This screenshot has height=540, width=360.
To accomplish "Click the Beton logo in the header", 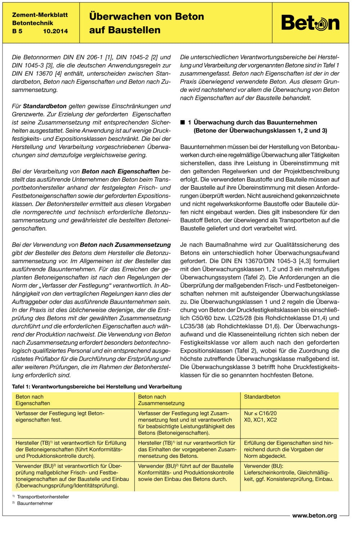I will coord(310,23).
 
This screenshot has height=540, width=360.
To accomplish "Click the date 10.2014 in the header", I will coord(55,31).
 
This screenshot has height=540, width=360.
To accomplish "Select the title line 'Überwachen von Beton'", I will coord(147,17).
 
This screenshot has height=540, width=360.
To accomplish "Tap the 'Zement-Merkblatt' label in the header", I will coord(40,15).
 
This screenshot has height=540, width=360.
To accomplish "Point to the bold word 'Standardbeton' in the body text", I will coord(45,106).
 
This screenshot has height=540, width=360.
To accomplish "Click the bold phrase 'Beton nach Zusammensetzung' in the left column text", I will coord(125,245).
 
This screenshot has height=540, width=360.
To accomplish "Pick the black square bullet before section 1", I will coord(183,122).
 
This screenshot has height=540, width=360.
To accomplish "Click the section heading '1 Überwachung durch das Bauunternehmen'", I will coord(252,122).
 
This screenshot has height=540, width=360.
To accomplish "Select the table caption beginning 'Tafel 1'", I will coord(97,387).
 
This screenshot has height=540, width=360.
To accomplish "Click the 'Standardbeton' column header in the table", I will coord(262,397).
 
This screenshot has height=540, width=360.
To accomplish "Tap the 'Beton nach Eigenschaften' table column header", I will coord(33,400).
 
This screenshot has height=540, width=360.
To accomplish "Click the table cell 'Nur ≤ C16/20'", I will coord(260,413).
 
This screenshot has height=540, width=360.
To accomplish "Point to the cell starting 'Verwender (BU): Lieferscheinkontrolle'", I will coord(288,472).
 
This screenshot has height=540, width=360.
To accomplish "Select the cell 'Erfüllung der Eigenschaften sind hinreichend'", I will coord(288,449).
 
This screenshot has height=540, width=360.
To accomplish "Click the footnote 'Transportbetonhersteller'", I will coord(43,497).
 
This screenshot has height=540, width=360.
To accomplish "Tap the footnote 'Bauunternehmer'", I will coord(35,503).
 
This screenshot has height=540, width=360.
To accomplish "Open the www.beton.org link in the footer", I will coord(314,516).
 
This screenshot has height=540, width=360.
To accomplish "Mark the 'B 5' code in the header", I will coord(17,31).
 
